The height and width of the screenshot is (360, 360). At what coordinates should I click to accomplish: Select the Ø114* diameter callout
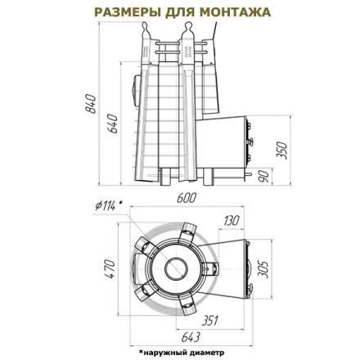point(109,205)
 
